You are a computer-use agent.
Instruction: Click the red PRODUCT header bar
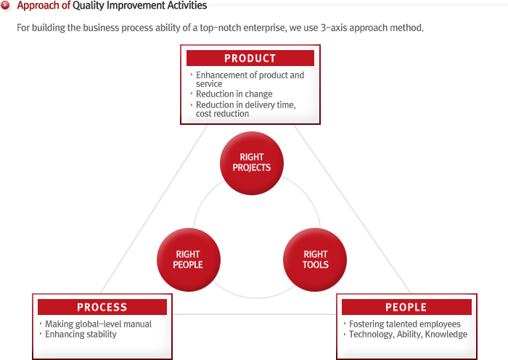[250, 58]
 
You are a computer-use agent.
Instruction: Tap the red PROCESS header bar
[102, 307]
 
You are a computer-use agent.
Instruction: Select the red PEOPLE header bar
[406, 307]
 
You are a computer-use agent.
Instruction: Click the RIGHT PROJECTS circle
[252, 163]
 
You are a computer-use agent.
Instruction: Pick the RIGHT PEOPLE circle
[189, 260]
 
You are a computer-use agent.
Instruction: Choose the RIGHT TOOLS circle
[315, 260]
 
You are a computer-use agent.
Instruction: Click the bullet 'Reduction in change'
[234, 94]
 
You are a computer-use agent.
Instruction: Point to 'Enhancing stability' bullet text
[81, 335]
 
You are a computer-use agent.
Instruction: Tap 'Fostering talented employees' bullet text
[405, 324]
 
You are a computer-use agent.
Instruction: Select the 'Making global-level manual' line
[98, 324]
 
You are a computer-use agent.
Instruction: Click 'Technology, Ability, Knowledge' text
[408, 335]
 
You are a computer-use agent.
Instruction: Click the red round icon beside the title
[5, 5]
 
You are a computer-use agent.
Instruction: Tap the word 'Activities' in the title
[187, 5]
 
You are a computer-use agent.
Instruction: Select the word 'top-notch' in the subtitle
[221, 28]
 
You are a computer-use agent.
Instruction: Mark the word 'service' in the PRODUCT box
[209, 84]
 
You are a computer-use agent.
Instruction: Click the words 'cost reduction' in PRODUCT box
[222, 114]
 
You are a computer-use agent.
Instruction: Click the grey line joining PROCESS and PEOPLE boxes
[254, 314]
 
